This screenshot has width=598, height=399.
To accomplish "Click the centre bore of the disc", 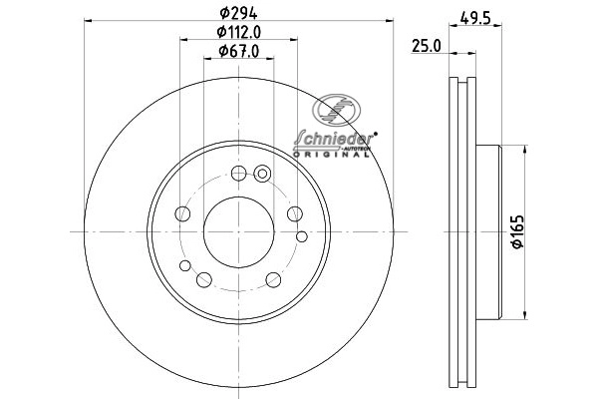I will point(238,230).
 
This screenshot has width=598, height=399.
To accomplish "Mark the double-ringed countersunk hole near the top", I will point(263,174).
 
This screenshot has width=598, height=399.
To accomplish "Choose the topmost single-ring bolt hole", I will point(238,174).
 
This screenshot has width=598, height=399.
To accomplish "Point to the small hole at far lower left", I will point(185,265).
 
